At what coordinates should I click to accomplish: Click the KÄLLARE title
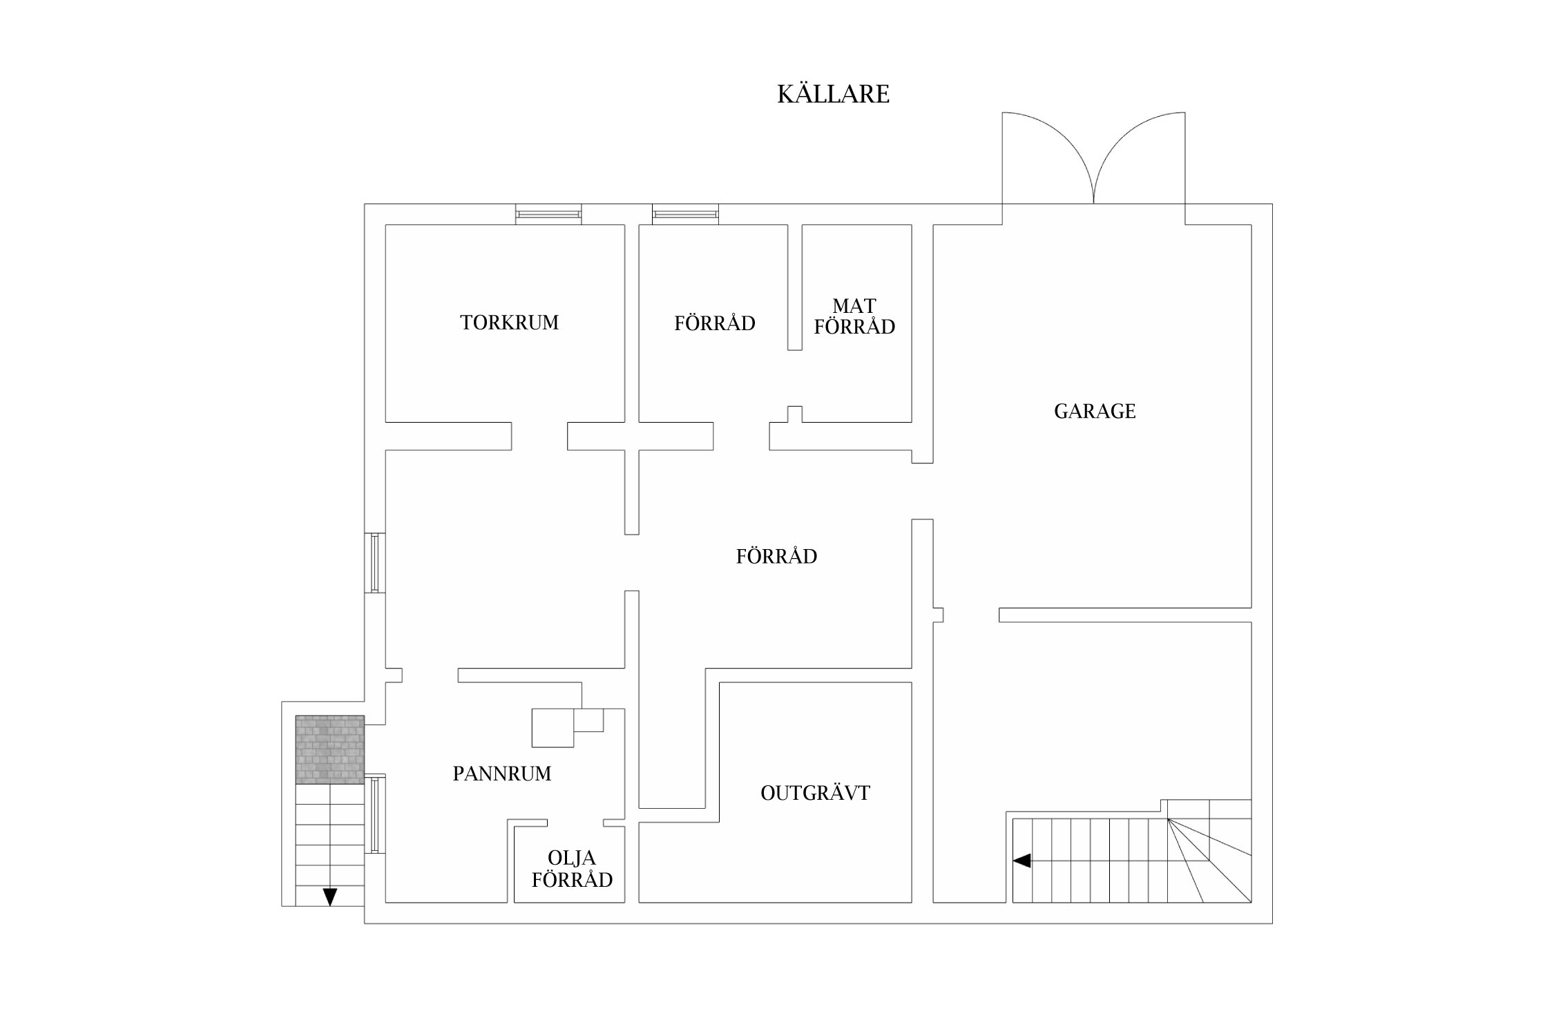tap(833, 95)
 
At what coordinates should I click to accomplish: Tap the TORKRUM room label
tap(509, 323)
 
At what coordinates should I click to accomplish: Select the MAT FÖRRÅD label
tap(854, 316)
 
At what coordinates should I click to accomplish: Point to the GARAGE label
tap(1095, 412)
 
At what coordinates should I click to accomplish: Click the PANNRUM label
tap(502, 774)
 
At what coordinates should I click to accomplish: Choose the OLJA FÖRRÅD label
tap(572, 869)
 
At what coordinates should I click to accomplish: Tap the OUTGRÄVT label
tap(815, 793)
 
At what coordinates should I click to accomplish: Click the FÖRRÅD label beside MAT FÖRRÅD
tap(715, 323)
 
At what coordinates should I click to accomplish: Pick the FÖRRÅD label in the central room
tap(776, 557)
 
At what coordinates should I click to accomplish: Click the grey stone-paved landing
tap(330, 749)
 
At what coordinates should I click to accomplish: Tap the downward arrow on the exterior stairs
tap(330, 896)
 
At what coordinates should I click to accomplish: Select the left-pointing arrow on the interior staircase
tap(1022, 861)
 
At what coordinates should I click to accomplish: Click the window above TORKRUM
tap(548, 214)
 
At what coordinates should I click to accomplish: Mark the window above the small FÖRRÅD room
tap(685, 214)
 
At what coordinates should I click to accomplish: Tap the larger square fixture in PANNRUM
tap(553, 728)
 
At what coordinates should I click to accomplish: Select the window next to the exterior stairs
tap(375, 814)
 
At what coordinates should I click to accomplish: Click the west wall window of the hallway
tap(375, 562)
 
